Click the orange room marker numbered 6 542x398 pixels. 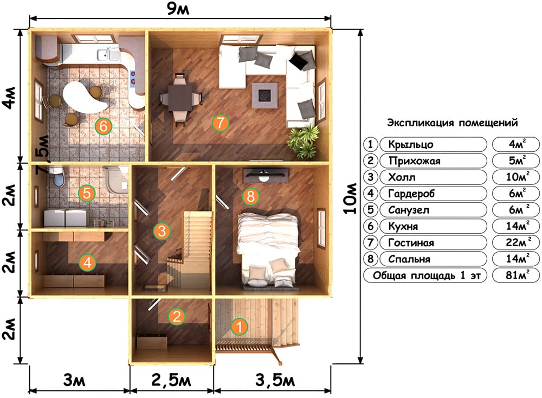104,126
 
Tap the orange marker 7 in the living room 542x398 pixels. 221,123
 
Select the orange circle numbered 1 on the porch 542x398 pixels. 239,327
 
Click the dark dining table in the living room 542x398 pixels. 180,97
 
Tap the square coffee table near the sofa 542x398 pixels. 265,95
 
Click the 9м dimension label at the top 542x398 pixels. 178,9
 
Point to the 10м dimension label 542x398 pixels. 351,198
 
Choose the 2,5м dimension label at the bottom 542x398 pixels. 171,380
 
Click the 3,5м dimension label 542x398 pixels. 275,380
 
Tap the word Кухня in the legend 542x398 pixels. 403,226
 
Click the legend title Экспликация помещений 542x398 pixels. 452,123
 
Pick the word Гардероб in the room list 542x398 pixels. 411,194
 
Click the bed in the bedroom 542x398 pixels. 269,249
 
